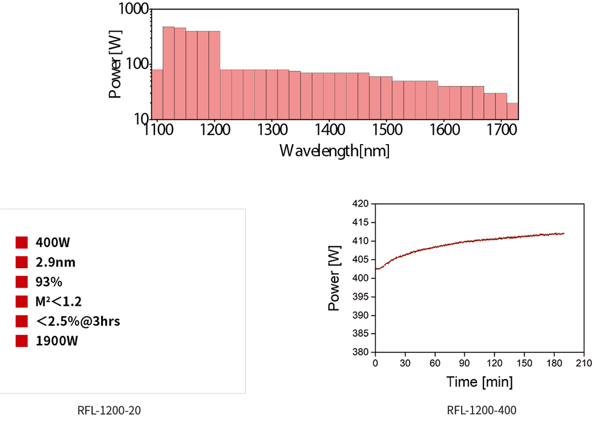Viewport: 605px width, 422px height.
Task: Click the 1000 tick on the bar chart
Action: point(133,10)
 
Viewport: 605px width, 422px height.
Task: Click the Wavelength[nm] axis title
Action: point(334,151)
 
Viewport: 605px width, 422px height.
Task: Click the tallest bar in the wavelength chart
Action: point(169,73)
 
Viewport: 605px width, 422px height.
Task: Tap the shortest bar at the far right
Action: point(512,111)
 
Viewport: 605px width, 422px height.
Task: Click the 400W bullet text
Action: point(53,243)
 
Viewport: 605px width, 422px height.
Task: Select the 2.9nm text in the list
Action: point(56,262)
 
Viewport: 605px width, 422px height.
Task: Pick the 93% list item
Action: point(49,282)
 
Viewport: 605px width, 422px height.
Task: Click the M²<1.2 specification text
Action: point(58,301)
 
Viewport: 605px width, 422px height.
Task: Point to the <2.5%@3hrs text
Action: point(77,321)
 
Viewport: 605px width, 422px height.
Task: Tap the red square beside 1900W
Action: point(22,341)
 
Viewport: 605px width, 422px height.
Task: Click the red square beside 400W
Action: point(22,243)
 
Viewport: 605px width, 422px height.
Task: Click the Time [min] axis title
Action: point(480,382)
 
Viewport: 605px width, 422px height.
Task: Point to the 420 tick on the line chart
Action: point(361,204)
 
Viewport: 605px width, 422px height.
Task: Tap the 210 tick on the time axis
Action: point(583,363)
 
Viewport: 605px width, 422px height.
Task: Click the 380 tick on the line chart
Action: point(361,352)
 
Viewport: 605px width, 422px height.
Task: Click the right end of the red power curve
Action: point(564,233)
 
